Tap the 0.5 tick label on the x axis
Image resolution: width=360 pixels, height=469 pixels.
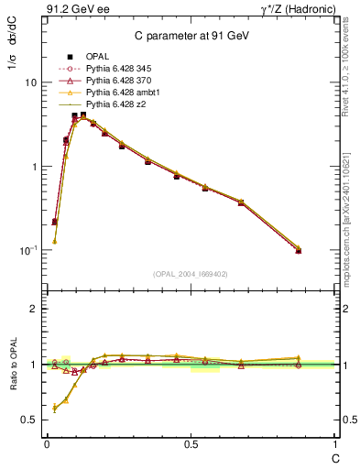[x=191, y=446]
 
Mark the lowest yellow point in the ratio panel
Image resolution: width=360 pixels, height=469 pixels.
[x=54, y=408]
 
